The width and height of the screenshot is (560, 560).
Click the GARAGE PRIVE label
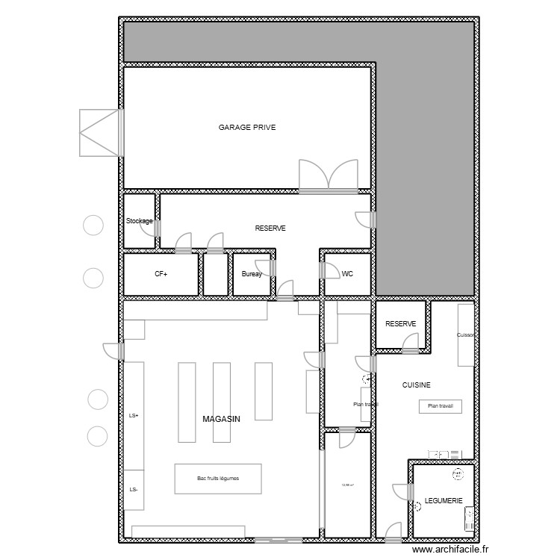point(247,128)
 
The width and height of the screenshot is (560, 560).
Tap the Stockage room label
point(139,222)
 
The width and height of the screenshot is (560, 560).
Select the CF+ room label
point(161,275)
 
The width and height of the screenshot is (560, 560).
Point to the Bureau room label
point(252,275)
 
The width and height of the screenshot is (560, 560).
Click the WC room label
point(347,275)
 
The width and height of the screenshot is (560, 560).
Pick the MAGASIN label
point(222,420)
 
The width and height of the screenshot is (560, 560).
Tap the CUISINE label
point(416,385)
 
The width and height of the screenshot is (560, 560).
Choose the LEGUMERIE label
point(444,501)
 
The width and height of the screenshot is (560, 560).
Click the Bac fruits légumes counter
point(218,479)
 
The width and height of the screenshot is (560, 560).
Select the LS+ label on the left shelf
point(134,416)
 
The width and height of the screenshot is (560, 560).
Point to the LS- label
point(134,490)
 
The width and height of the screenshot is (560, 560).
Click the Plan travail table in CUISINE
point(441,407)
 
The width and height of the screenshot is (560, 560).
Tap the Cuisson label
point(465,335)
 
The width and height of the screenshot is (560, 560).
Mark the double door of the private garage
point(329,176)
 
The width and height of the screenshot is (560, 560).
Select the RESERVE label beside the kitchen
point(400,324)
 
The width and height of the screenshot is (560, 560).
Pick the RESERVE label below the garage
point(270,228)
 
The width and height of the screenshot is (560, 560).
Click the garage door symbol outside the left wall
point(100,133)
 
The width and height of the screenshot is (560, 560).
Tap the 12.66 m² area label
point(346,486)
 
